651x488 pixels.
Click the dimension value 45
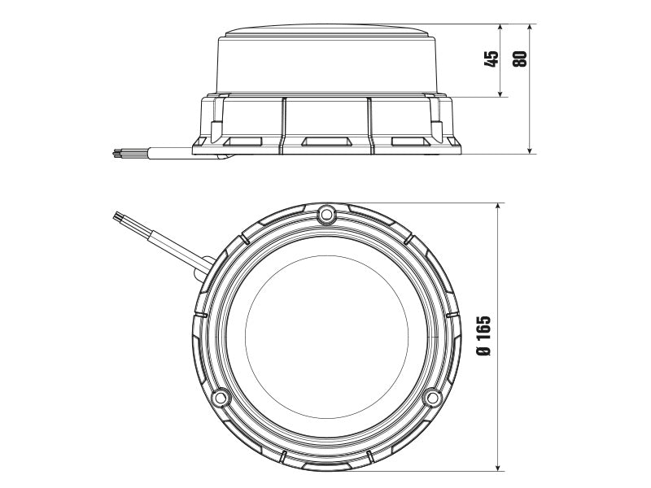[x=492, y=59]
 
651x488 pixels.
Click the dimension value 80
[x=520, y=59]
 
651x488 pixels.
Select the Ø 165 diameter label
[x=484, y=336]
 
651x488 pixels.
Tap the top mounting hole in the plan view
[x=326, y=214]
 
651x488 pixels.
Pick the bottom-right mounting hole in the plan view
[x=434, y=399]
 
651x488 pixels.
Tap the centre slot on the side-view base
[x=325, y=142]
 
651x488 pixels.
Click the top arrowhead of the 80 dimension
[x=530, y=28]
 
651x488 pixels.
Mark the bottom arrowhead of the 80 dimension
[x=530, y=150]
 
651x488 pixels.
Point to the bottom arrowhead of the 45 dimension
[x=501, y=94]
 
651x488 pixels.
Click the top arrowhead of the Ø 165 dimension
[x=497, y=206]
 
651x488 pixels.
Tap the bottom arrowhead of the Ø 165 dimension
[x=497, y=467]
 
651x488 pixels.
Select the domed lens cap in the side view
[x=327, y=57]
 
